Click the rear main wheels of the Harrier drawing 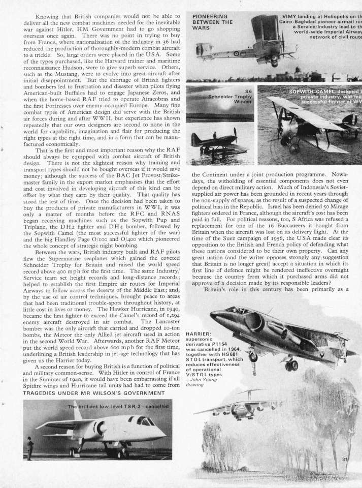pyautogui.click(x=291, y=365)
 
